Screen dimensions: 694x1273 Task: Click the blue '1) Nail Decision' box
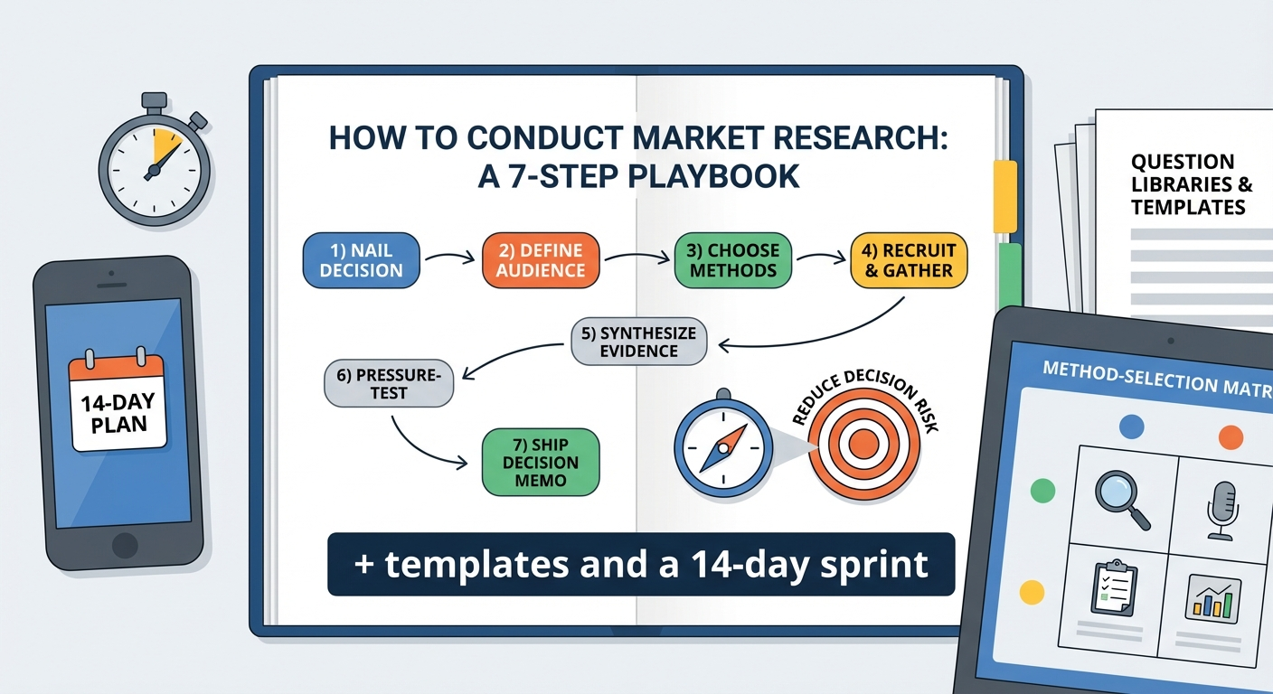[x=362, y=260]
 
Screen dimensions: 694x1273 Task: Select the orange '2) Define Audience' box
[x=541, y=260]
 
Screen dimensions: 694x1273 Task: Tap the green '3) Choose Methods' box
[x=733, y=260]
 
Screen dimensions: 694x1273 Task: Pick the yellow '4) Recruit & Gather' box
[x=909, y=260]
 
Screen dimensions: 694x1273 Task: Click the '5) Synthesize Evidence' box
[x=638, y=342]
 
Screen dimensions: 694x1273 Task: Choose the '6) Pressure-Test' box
[x=389, y=383]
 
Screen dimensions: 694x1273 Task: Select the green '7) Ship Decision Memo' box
[x=541, y=462]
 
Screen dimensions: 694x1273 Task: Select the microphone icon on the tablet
[x=1222, y=509]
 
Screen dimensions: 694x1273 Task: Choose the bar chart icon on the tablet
[x=1213, y=596]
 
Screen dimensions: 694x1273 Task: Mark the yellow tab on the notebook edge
[x=1005, y=197]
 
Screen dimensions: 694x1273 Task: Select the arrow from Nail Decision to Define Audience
[x=449, y=259]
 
